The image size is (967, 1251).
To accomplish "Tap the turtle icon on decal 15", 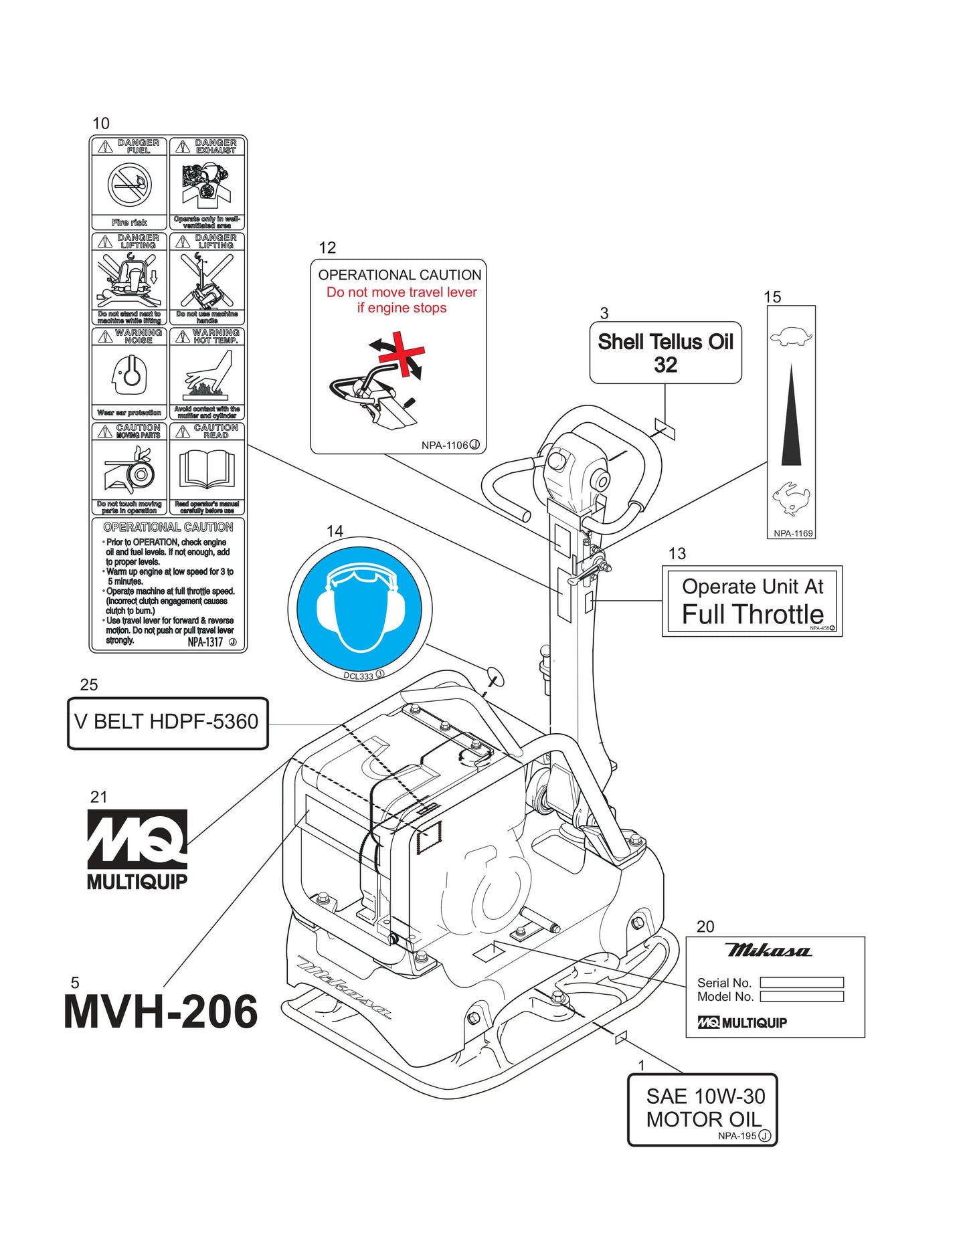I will coord(790,336).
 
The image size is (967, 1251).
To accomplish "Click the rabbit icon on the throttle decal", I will coord(790,499).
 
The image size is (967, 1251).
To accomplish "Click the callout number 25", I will coord(88,685).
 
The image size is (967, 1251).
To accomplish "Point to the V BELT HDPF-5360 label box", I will coord(167,723).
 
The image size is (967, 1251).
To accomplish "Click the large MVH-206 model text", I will coord(161,1011).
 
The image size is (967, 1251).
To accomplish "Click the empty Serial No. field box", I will coord(802,982).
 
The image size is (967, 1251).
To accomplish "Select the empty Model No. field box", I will coord(802,997).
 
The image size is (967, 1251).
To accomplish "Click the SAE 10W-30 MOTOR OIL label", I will coord(703,1109).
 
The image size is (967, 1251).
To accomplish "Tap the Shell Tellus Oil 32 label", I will coord(665,353).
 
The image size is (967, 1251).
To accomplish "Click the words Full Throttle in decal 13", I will coord(752,614).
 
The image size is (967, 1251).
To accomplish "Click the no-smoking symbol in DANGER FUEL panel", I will coord(129,185).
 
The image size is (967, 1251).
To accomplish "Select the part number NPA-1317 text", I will coord(205,642).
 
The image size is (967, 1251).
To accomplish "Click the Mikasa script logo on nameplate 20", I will coord(768,951).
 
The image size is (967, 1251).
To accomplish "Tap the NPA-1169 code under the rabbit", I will coord(792,533).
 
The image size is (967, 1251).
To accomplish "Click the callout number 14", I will coord(335,531).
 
